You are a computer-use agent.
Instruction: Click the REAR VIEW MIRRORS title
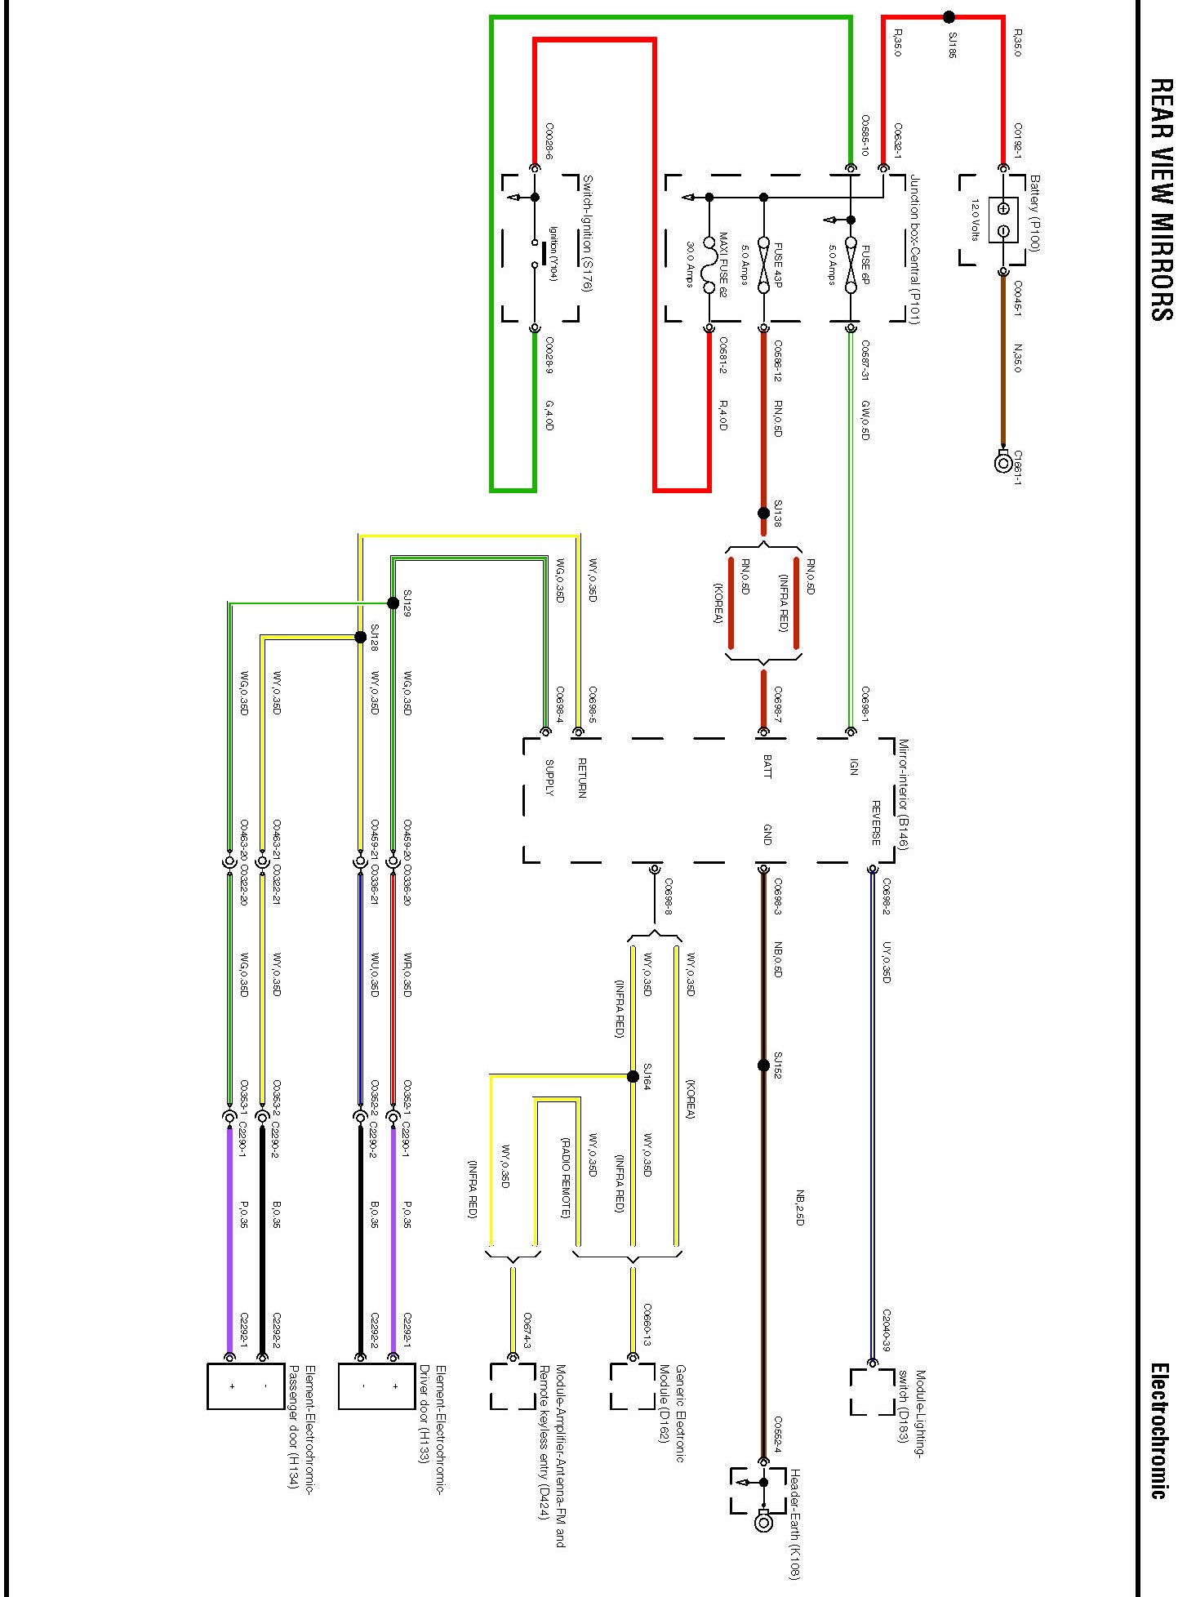tap(1161, 199)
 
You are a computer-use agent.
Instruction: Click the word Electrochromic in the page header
tap(1159, 1428)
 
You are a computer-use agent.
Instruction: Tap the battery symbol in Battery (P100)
tap(1003, 220)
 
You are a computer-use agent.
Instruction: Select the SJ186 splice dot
tap(949, 16)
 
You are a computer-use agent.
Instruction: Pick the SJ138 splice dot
tap(763, 514)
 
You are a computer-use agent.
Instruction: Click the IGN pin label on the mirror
tap(854, 767)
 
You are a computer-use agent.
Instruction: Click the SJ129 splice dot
tap(393, 603)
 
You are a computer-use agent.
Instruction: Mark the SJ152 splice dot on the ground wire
tap(763, 1065)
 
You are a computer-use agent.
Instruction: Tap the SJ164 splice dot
tap(633, 1076)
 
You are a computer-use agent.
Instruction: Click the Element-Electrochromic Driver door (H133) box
tap(377, 1386)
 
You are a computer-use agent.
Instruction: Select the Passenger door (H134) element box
tap(246, 1386)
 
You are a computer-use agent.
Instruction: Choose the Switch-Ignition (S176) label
tap(587, 234)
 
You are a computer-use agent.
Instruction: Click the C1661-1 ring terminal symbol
tap(1003, 463)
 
